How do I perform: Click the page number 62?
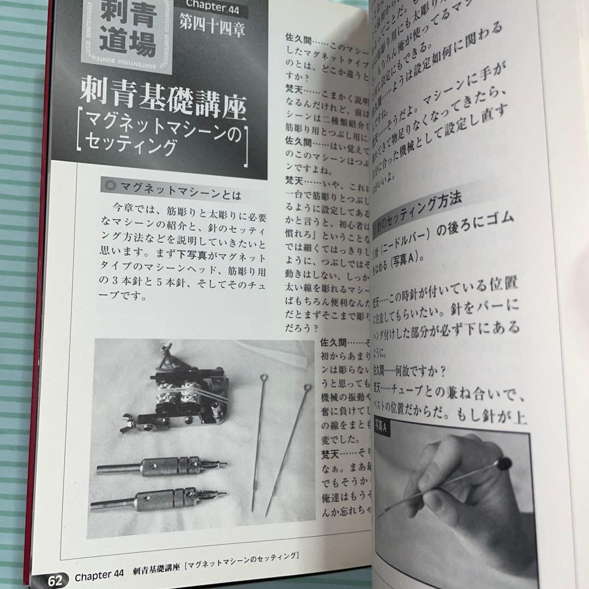click(55, 579)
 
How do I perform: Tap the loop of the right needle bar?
click(307, 388)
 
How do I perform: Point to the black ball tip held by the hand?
click(505, 464)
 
